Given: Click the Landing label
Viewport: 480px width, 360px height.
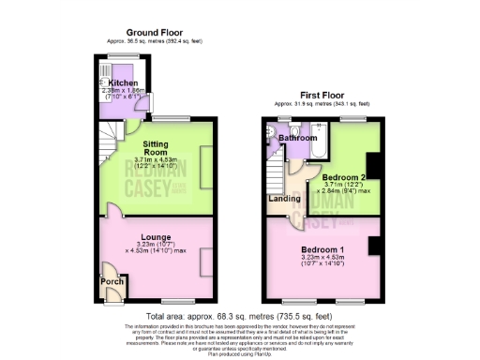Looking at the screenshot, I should tap(278, 198).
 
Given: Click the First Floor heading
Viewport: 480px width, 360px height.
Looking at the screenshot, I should tap(321, 95).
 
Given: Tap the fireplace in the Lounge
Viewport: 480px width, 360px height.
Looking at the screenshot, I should tap(204, 263).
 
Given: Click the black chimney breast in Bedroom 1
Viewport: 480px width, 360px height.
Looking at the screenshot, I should tap(373, 246).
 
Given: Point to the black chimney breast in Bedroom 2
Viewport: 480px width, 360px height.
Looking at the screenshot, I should tap(373, 163).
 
